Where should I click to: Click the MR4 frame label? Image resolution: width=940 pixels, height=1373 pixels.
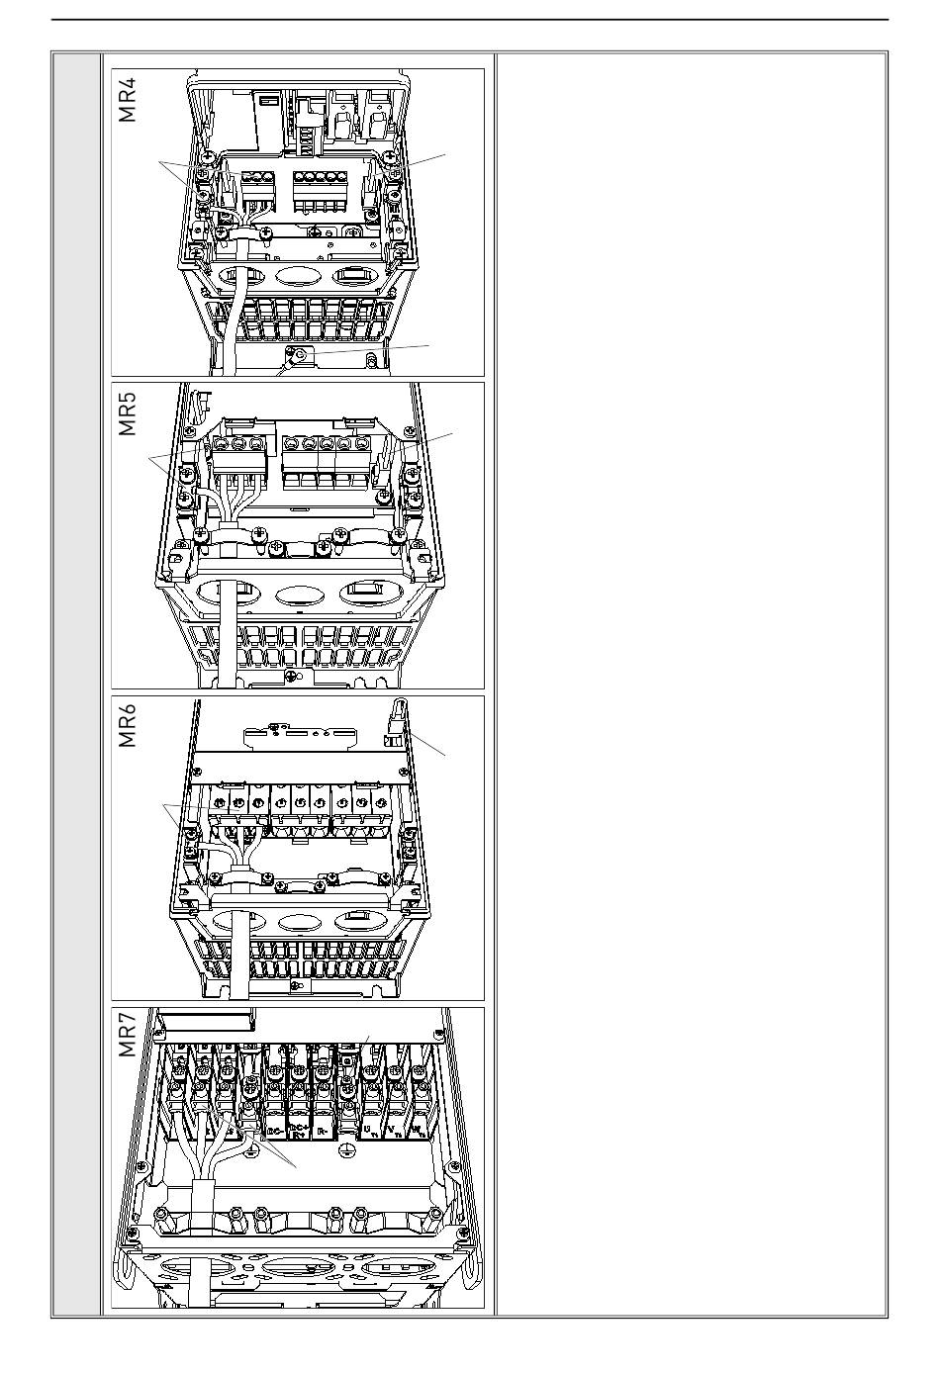(x=128, y=99)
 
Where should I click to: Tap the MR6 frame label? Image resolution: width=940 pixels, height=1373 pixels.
(x=128, y=726)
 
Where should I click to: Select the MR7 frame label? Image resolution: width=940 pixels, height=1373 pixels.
(x=128, y=1036)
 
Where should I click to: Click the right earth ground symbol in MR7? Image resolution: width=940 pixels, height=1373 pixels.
(x=346, y=1151)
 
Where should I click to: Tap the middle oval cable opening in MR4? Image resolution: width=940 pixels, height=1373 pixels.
(x=297, y=279)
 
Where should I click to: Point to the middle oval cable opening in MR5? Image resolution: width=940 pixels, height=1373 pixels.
(x=297, y=595)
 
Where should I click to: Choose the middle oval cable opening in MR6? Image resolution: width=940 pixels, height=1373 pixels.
(x=296, y=922)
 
